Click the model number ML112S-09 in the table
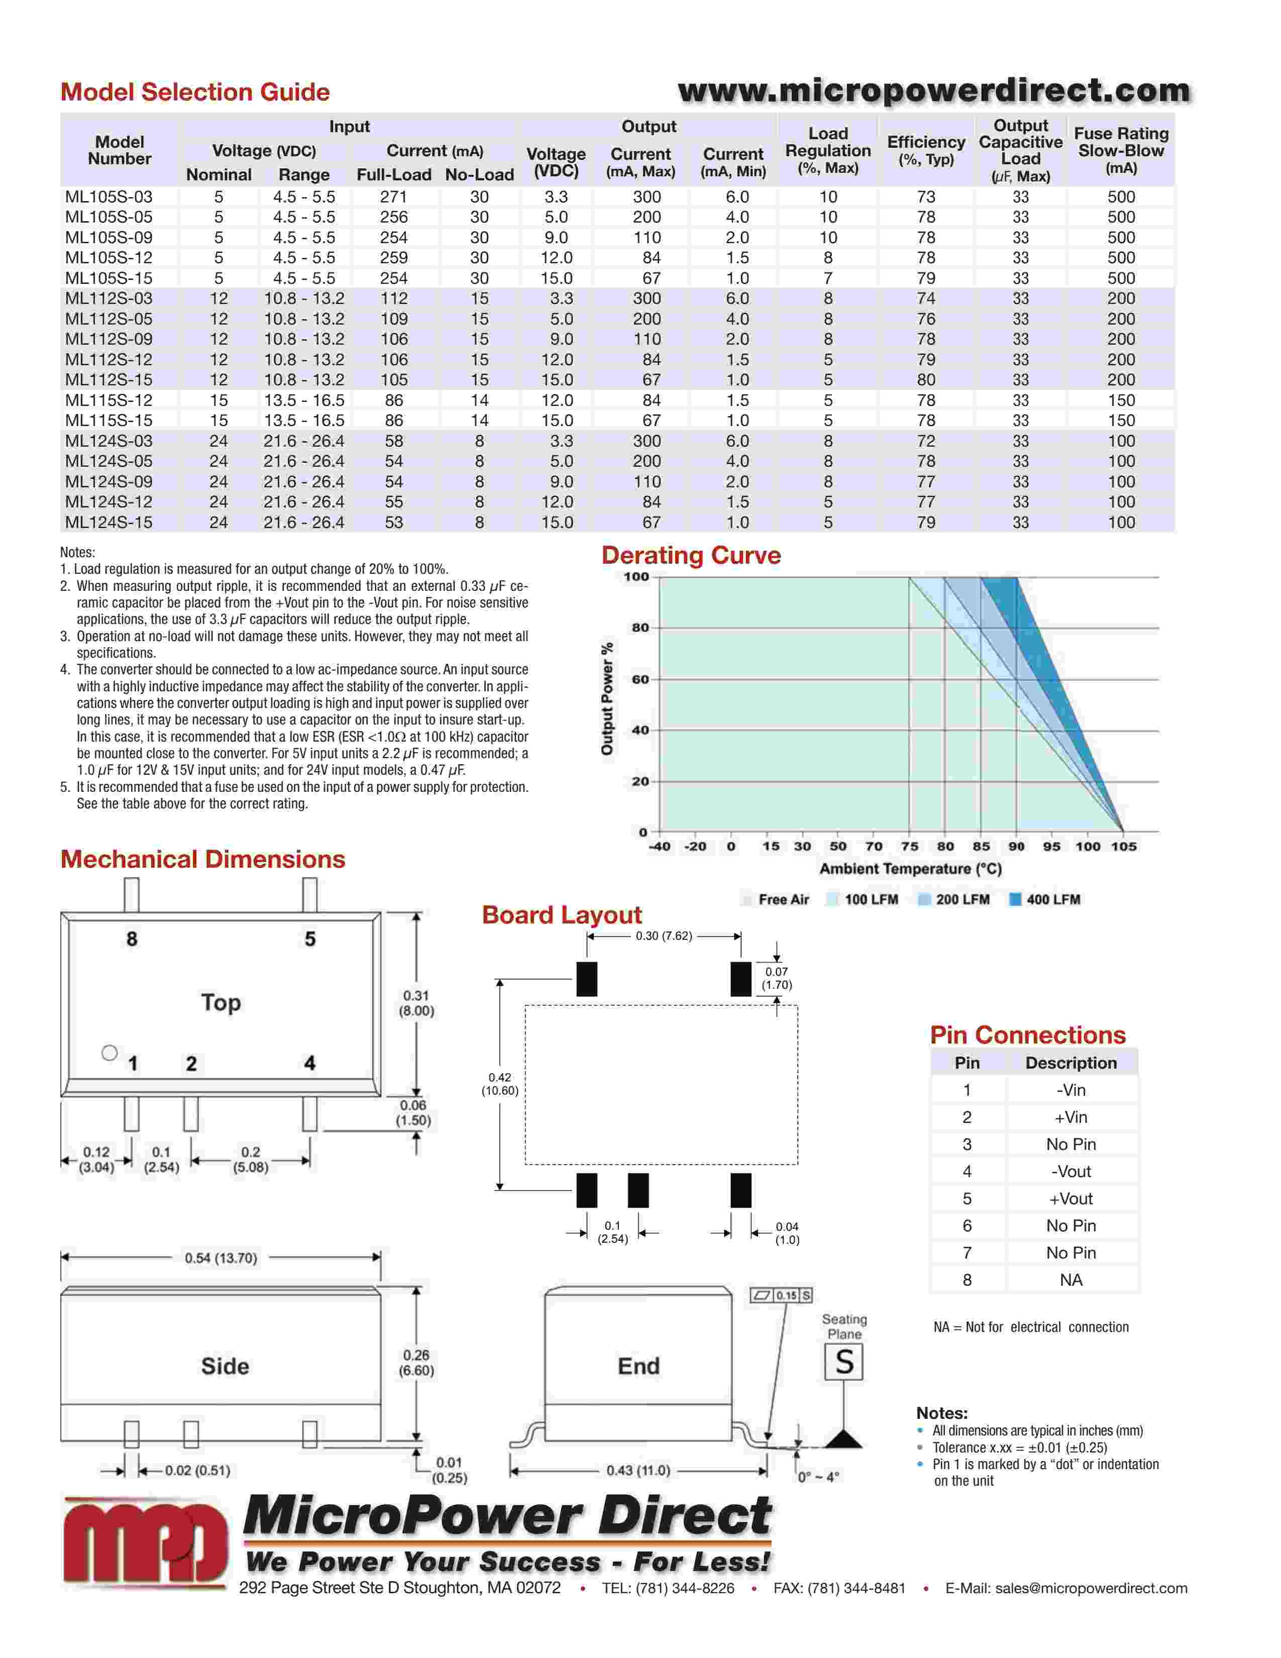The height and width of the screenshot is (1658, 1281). click(109, 339)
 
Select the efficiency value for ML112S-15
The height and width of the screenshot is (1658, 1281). click(926, 379)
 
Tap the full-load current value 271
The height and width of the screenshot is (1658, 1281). click(394, 196)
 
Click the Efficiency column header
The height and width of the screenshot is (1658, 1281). click(926, 150)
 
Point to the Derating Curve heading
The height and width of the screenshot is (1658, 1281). click(691, 555)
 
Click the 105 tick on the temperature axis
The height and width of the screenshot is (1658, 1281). click(1124, 847)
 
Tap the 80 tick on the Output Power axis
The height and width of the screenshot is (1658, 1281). click(640, 628)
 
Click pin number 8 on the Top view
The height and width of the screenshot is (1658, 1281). click(132, 939)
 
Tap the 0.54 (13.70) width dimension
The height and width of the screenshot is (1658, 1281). click(221, 1258)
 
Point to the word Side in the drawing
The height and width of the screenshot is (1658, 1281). click(225, 1367)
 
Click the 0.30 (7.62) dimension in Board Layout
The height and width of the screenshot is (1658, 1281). click(664, 936)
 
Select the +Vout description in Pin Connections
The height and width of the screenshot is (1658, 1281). click(1071, 1199)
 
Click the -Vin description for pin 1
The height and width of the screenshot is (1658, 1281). click(1071, 1090)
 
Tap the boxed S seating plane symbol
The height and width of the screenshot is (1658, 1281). click(844, 1362)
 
